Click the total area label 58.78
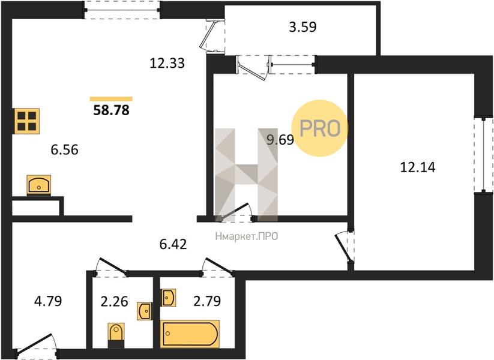tap(111, 110)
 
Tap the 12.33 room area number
tap(167, 64)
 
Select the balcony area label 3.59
tap(303, 27)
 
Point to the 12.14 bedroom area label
tap(418, 167)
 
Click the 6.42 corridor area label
tap(173, 244)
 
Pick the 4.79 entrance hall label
tap(48, 301)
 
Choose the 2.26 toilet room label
tap(114, 301)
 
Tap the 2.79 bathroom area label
tap(207, 301)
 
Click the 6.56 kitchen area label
tap(64, 149)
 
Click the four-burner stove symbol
tap(27, 121)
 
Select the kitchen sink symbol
tap(39, 185)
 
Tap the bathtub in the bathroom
tap(190, 334)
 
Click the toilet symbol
tap(116, 335)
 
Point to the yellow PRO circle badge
tap(319, 128)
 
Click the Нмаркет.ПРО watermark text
tap(247, 236)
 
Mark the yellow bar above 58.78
tap(111, 99)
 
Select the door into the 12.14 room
tap(345, 247)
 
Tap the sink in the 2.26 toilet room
tap(145, 311)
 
